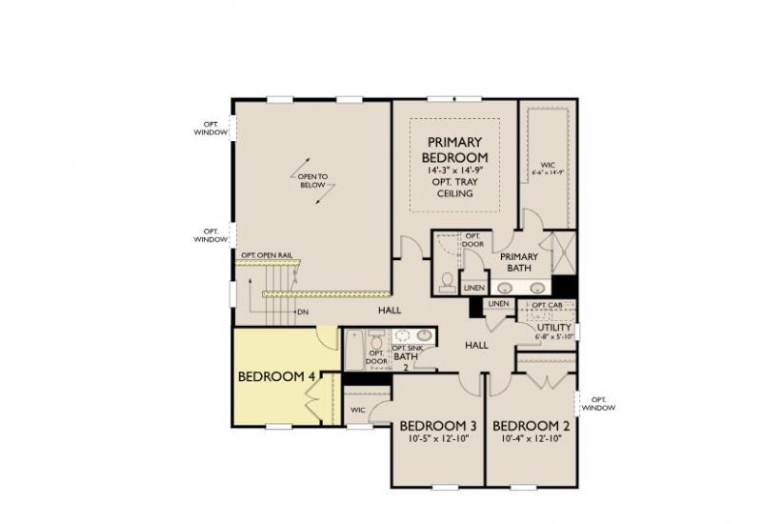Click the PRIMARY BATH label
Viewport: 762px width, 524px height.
pyautogui.click(x=519, y=262)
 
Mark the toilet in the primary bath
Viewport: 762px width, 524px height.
pyautogui.click(x=447, y=280)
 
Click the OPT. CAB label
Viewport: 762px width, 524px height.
pyautogui.click(x=547, y=305)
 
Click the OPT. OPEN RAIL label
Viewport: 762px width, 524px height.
pyautogui.click(x=266, y=255)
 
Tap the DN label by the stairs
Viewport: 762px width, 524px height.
pyautogui.click(x=303, y=312)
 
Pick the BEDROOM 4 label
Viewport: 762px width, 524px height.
pyautogui.click(x=276, y=376)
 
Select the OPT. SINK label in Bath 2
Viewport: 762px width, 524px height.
pyautogui.click(x=407, y=349)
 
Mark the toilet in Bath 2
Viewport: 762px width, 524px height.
pyautogui.click(x=377, y=340)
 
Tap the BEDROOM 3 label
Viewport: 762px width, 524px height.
pyautogui.click(x=438, y=425)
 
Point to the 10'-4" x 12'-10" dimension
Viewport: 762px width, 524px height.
pyautogui.click(x=531, y=439)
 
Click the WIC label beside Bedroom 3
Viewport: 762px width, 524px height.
pyautogui.click(x=358, y=410)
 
